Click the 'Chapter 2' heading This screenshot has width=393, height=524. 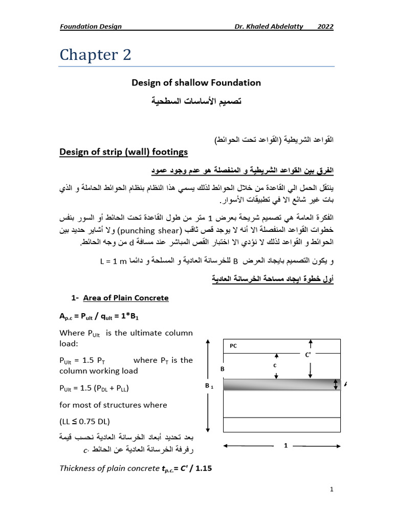tap(96, 55)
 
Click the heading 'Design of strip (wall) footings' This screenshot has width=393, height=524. tap(124, 151)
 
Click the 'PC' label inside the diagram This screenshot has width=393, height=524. tap(233, 346)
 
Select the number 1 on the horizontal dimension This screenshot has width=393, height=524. tap(286, 446)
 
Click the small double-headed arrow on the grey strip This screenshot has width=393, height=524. tap(336, 385)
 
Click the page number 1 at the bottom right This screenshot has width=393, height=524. tap(332, 489)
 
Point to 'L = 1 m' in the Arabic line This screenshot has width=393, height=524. tap(113, 261)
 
